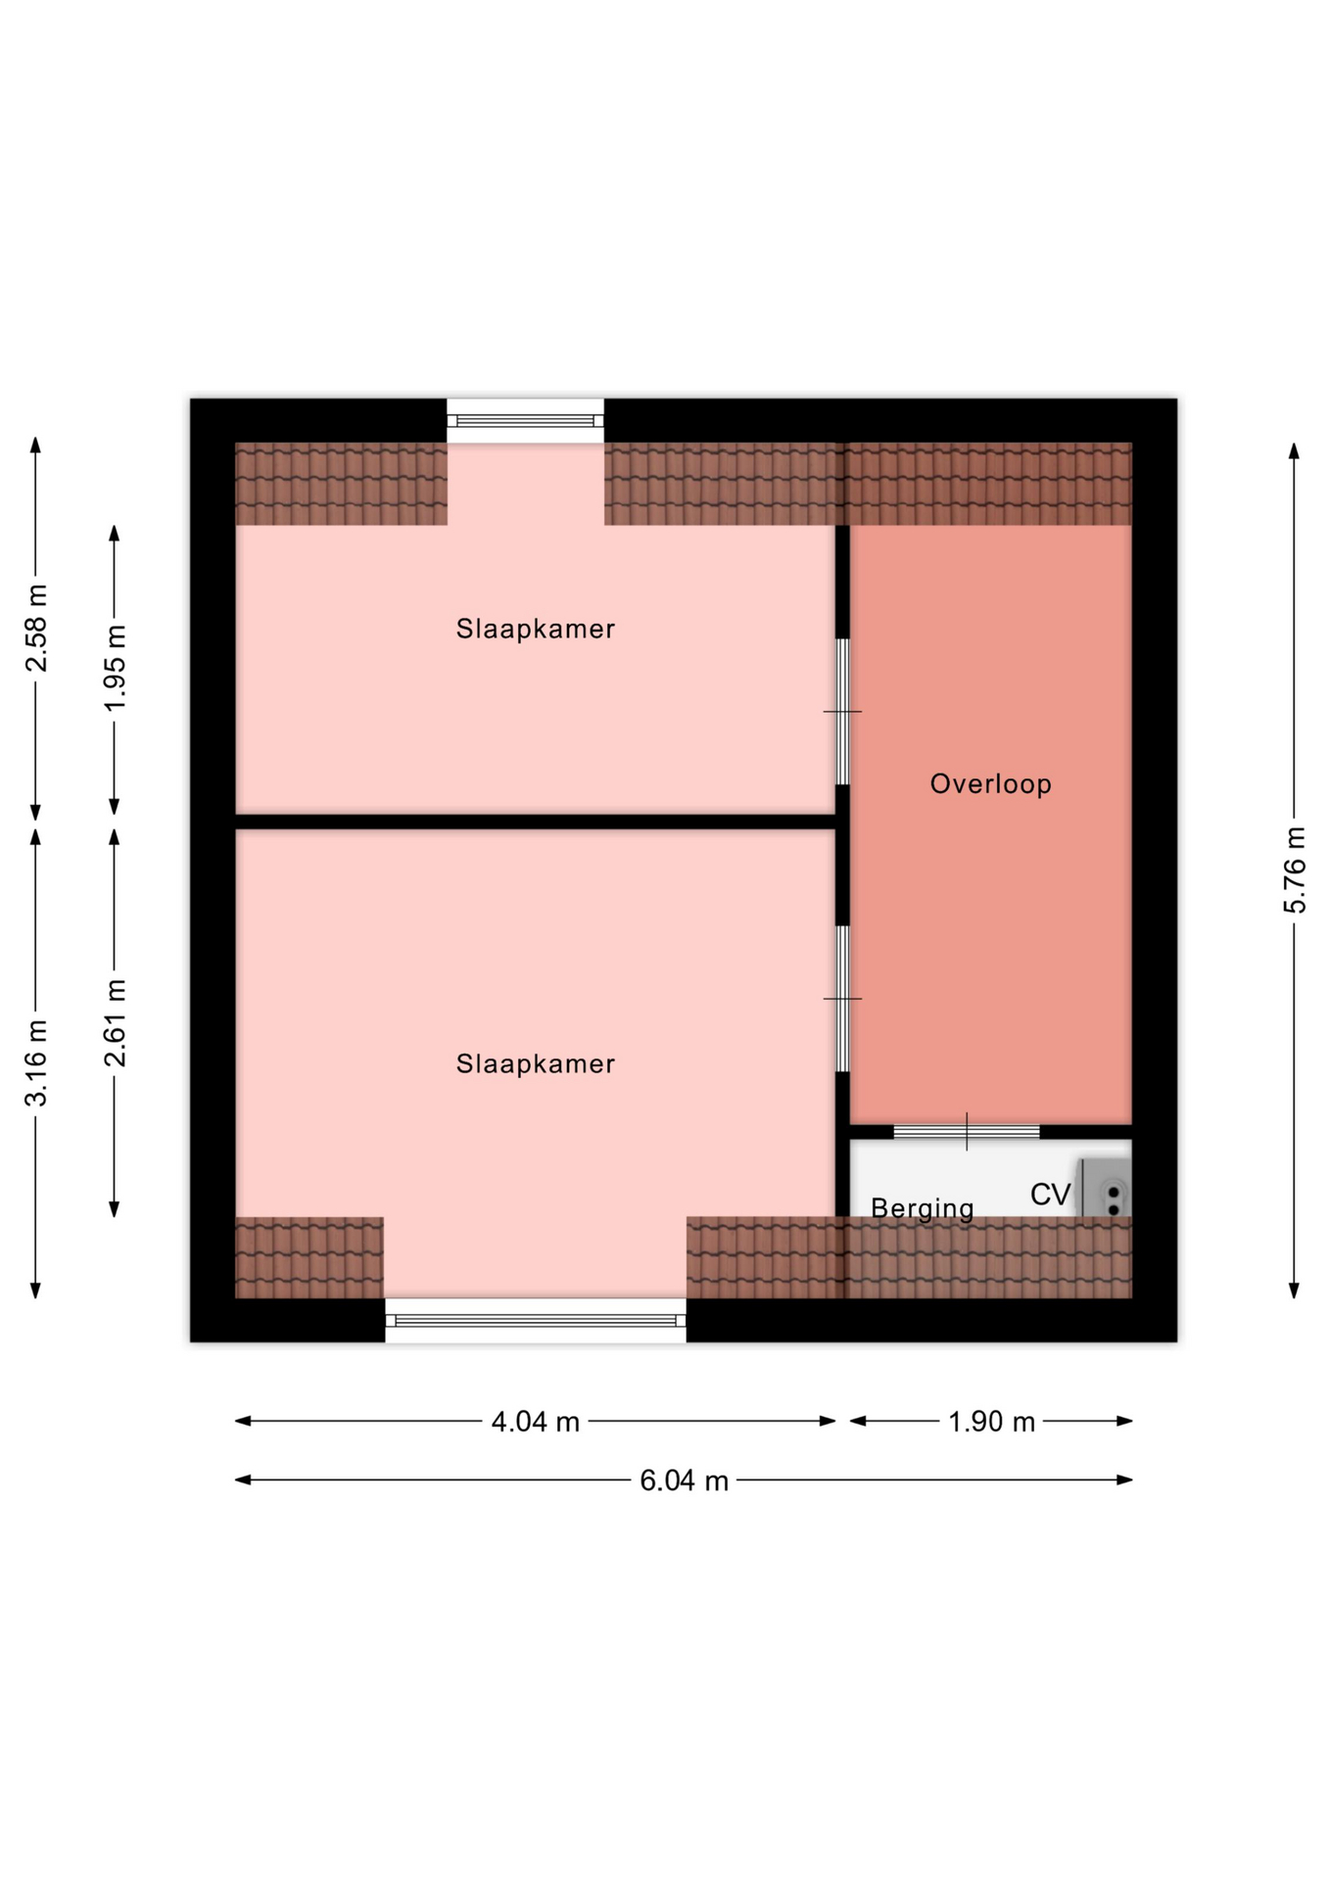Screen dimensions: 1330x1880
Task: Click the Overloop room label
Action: pyautogui.click(x=990, y=783)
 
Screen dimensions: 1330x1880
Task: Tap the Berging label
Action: pyautogui.click(x=922, y=1208)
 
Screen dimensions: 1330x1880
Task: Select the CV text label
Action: pyautogui.click(x=1050, y=1195)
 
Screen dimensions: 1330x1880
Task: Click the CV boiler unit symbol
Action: pyautogui.click(x=1106, y=1188)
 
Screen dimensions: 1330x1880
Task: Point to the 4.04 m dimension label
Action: pyautogui.click(x=535, y=1422)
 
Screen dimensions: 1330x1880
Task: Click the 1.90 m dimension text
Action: pyautogui.click(x=991, y=1422)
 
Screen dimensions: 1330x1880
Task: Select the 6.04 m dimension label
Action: pyautogui.click(x=684, y=1480)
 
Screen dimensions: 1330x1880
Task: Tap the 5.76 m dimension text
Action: pyautogui.click(x=1295, y=870)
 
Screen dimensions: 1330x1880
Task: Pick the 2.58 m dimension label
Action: pyautogui.click(x=36, y=629)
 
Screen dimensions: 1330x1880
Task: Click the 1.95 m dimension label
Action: pyautogui.click(x=115, y=669)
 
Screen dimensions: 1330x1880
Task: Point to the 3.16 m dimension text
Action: pyautogui.click(x=36, y=1063)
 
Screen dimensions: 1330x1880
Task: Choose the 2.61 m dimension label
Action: pyautogui.click(x=115, y=1022)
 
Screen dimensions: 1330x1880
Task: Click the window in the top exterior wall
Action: pyautogui.click(x=526, y=421)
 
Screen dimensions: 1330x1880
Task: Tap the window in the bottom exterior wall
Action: pyautogui.click(x=535, y=1321)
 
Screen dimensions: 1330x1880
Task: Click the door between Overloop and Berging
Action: pyautogui.click(x=967, y=1132)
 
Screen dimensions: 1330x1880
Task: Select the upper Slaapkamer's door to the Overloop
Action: pyautogui.click(x=842, y=712)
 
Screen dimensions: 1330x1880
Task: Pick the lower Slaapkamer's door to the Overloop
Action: pyautogui.click(x=842, y=999)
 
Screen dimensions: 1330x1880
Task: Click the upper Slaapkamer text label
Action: pyautogui.click(x=536, y=629)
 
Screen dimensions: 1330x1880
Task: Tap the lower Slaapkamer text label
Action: pyautogui.click(x=536, y=1063)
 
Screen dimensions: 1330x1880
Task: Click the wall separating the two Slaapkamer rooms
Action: pyautogui.click(x=535, y=822)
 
